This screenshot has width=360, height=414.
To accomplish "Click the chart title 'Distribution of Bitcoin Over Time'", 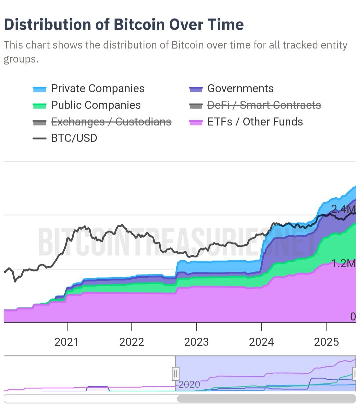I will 124,25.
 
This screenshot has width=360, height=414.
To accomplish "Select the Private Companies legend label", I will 97,89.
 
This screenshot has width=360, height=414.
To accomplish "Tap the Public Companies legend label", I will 96,105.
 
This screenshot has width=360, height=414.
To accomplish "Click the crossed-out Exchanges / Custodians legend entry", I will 111,122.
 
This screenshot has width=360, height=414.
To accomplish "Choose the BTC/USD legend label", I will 74,138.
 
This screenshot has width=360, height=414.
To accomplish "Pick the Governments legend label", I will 240,89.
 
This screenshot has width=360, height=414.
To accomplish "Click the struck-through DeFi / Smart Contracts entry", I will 264,105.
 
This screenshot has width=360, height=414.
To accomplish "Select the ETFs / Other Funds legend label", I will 255,122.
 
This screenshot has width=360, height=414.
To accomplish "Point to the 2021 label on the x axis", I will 67,342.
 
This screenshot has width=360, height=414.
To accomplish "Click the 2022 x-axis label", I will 132,342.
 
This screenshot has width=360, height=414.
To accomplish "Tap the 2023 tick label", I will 196,342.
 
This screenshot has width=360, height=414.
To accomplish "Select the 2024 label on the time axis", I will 261,342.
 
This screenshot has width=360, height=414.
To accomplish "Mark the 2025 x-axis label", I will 326,342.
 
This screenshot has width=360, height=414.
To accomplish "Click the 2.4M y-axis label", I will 343,209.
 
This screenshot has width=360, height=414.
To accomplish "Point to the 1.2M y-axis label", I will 344,263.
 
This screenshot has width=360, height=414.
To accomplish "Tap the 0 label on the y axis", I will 353,317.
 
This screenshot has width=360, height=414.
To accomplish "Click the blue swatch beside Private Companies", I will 39,89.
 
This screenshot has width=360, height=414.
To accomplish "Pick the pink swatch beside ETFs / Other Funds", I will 196,123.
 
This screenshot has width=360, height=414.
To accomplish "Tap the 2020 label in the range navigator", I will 189,385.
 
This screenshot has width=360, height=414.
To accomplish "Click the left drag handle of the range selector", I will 176,374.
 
